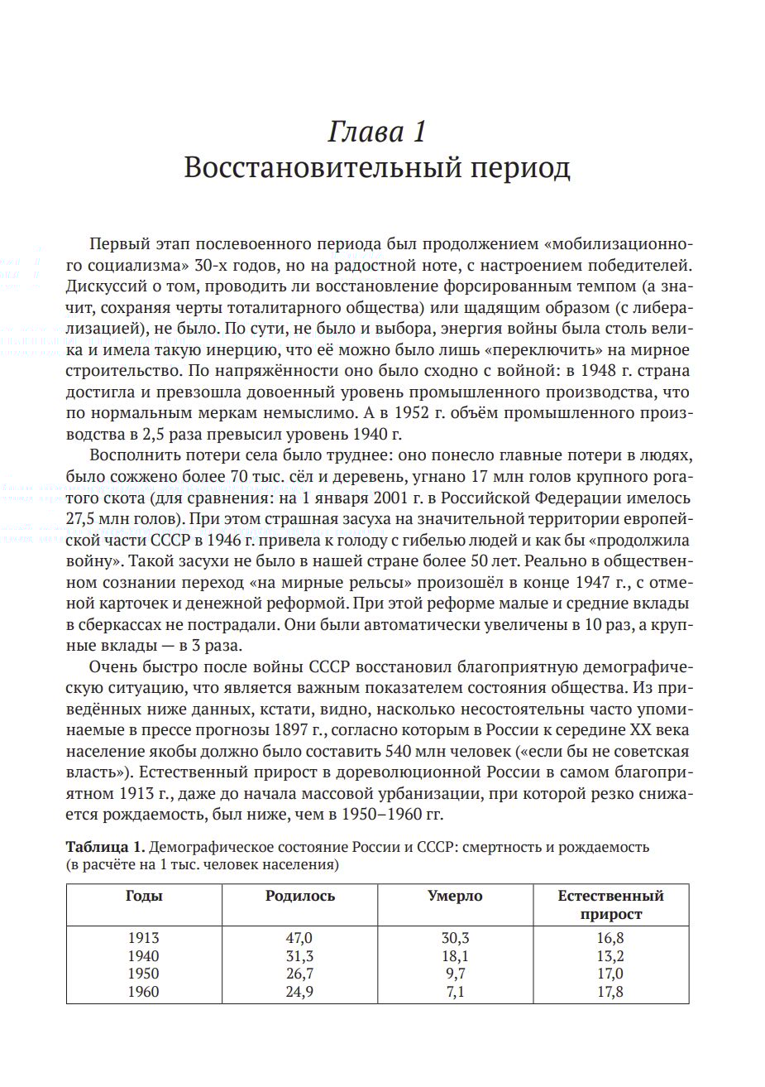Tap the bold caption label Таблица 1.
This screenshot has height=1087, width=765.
[105, 847]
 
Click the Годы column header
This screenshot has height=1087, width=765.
[144, 896]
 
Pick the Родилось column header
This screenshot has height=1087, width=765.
[300, 896]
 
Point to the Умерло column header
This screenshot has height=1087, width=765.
[455, 896]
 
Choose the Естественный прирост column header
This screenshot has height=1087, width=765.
[610, 905]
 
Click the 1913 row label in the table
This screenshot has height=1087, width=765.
[144, 938]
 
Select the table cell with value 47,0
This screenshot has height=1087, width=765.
[300, 938]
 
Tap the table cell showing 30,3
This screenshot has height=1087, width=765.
[455, 938]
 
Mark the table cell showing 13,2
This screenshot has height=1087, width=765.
[610, 956]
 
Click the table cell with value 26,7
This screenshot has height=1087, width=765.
[300, 974]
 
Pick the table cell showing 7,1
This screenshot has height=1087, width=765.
[455, 992]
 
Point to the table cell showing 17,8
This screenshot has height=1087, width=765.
[610, 992]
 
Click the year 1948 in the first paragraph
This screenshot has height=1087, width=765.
[600, 370]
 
